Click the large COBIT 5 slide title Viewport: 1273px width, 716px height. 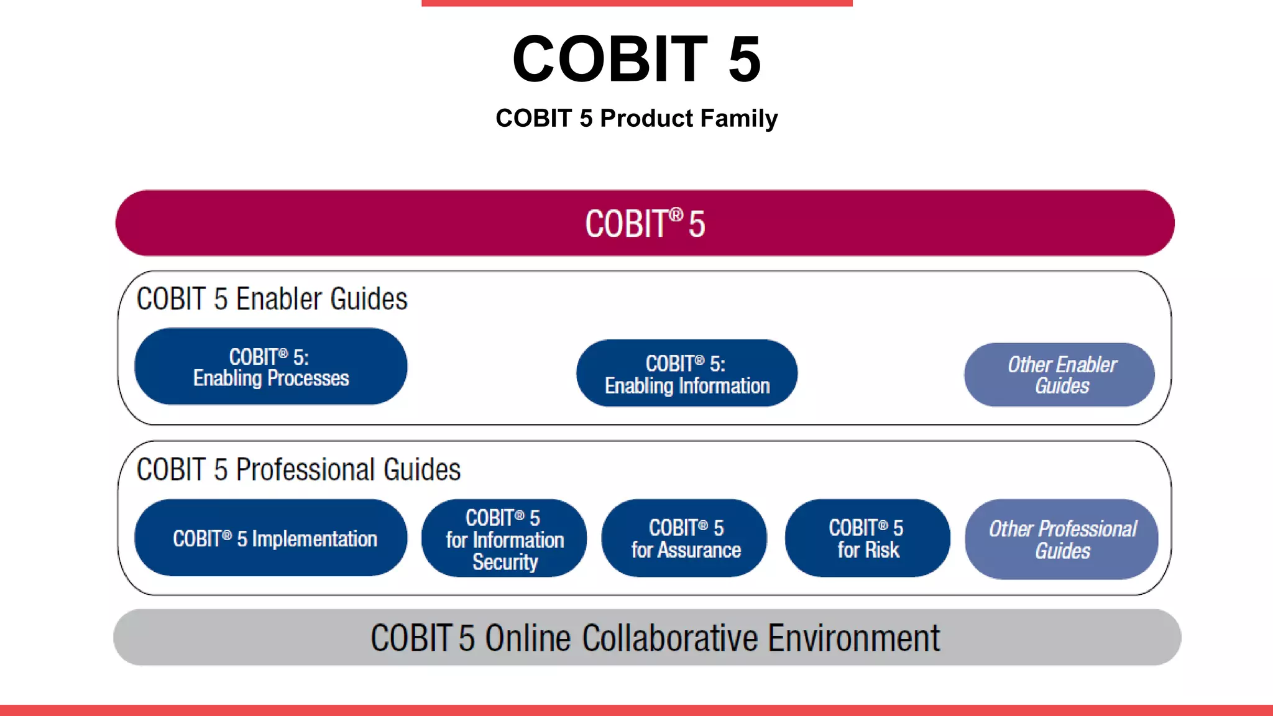pos(636,58)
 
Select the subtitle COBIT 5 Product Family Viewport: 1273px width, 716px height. pos(636,118)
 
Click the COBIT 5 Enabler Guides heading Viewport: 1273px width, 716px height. pos(272,299)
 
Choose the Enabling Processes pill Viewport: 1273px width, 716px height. pos(270,367)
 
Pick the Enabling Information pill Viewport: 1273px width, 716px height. pos(687,374)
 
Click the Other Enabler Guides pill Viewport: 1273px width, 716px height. pos(1060,375)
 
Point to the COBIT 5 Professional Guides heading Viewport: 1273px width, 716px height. pos(298,470)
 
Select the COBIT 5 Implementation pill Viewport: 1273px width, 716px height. pos(271,538)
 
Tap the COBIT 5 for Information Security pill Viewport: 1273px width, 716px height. pos(504,538)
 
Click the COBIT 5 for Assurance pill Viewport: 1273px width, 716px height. pos(684,538)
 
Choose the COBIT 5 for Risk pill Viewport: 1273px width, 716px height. pos(867,538)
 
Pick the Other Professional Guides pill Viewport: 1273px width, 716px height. pos(1062,539)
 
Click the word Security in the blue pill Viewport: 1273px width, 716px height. pos(505,562)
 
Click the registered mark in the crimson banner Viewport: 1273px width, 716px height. pos(676,214)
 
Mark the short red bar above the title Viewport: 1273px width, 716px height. pos(636,2)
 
